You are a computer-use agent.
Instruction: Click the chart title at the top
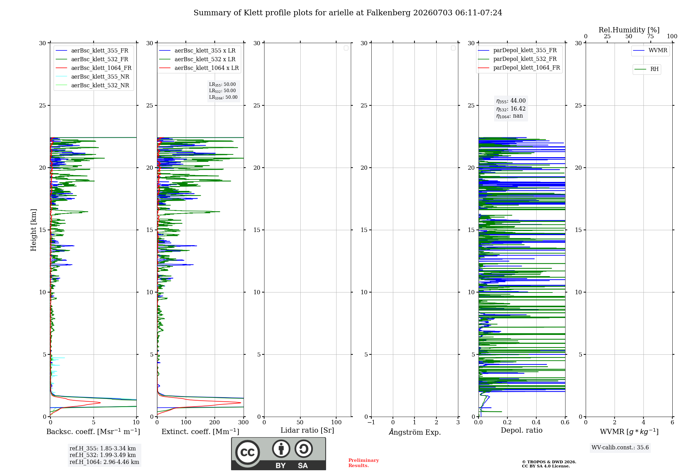click(348, 13)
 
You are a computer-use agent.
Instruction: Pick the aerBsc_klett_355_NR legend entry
click(93, 77)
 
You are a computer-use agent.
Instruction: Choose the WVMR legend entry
click(650, 50)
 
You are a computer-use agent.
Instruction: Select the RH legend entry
click(646, 69)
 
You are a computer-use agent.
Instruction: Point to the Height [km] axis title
click(33, 230)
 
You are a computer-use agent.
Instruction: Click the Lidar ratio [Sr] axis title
click(307, 430)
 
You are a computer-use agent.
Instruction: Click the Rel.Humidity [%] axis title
click(629, 30)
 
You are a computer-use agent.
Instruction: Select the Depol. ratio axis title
click(522, 430)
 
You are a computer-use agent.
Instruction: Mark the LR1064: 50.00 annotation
click(223, 97)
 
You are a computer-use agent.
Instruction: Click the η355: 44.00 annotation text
click(511, 101)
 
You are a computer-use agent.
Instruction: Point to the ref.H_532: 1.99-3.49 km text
click(103, 455)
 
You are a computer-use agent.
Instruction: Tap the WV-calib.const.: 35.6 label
click(620, 447)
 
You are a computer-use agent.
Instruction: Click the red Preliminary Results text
click(364, 463)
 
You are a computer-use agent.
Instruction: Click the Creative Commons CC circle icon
click(247, 452)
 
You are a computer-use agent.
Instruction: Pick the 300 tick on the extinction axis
click(244, 423)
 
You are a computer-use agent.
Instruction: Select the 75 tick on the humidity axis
click(650, 37)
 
